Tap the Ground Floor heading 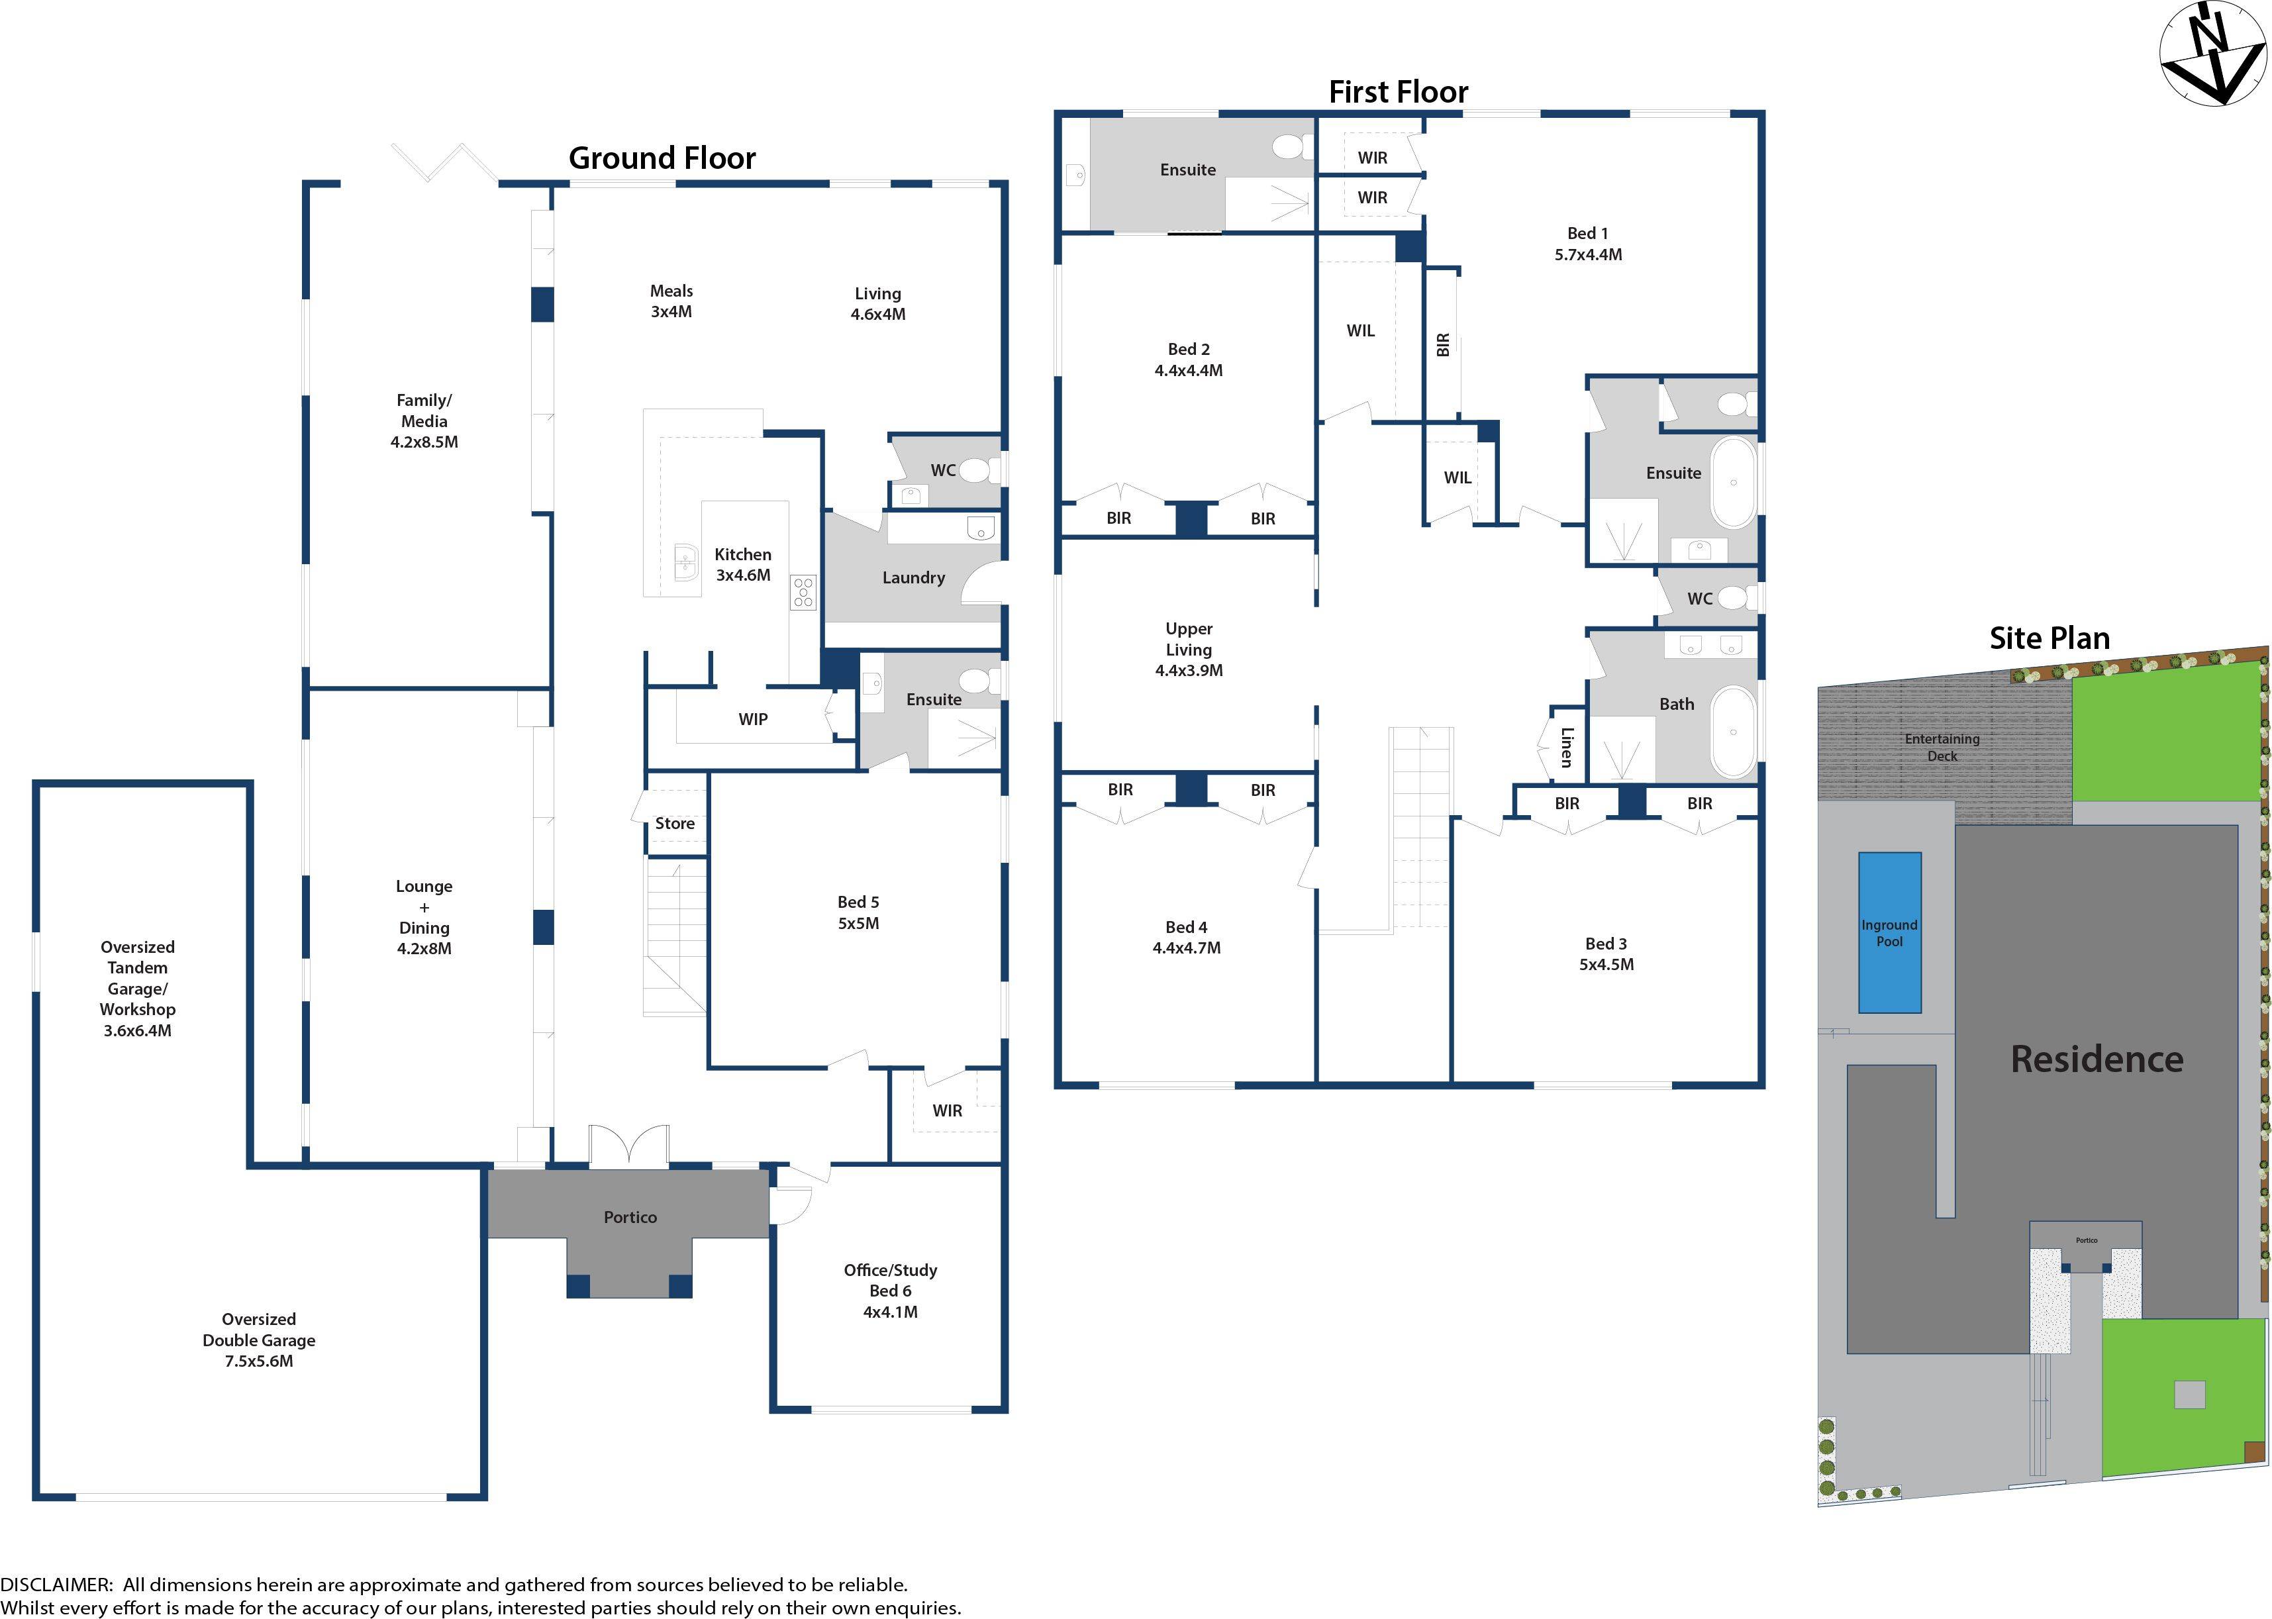[x=662, y=158]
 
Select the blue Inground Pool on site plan [x=1889, y=932]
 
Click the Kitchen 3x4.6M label [x=743, y=564]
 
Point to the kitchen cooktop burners [x=803, y=591]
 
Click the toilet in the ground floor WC [x=974, y=469]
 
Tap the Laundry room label [x=913, y=577]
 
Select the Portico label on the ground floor [x=630, y=1217]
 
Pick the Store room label [x=675, y=824]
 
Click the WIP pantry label [x=753, y=718]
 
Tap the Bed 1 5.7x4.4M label [x=1588, y=243]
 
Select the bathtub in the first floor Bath [x=1733, y=733]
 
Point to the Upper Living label [x=1189, y=649]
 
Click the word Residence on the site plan [x=2097, y=1059]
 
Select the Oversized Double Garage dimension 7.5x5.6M [x=258, y=1361]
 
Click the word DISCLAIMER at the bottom [x=56, y=1584]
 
